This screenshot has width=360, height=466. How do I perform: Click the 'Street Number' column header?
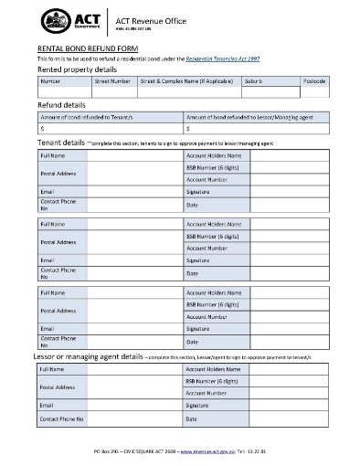pyautogui.click(x=112, y=81)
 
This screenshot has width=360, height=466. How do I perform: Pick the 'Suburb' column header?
pyautogui.click(x=255, y=81)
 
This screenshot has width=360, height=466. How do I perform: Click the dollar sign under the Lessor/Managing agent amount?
pyautogui.click(x=187, y=129)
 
